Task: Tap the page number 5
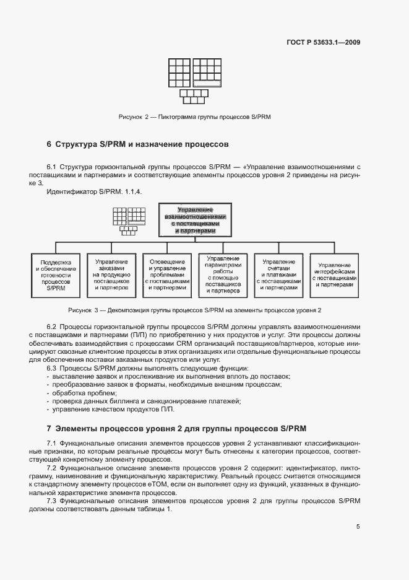tap(358, 527)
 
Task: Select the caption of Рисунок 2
tap(195, 116)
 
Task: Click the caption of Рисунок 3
tap(196, 309)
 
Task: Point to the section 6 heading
tap(138, 144)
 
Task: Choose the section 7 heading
tap(177, 428)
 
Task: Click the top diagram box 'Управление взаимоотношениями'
tap(194, 219)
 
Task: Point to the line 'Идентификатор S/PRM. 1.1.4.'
tap(95, 193)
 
